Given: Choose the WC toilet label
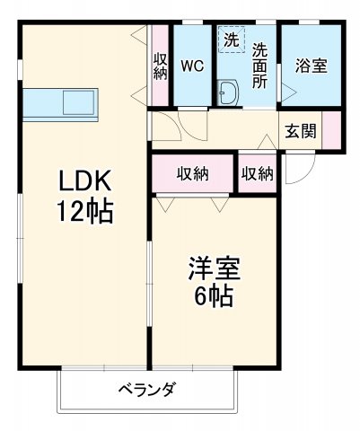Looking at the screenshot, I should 192,66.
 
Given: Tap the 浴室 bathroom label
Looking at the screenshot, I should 311,66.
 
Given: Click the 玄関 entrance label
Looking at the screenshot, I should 300,131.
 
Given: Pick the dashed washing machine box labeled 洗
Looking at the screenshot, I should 231,40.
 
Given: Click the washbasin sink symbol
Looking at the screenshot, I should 228,92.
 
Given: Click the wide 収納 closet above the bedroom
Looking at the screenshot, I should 192,173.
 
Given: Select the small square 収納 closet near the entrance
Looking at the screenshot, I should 258,173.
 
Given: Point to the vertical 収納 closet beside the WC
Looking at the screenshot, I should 161,66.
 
